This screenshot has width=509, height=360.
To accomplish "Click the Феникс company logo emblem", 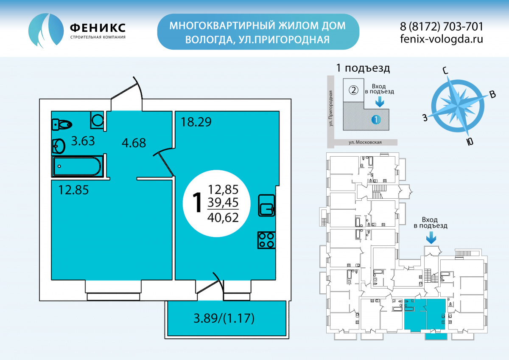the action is pos(46,30).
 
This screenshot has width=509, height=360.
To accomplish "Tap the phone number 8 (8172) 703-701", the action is pos(441,26).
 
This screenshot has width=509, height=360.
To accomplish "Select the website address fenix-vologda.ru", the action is pos(441,39).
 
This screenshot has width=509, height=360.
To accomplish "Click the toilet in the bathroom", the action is pos(62,124).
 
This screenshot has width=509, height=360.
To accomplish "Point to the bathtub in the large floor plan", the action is pos(77,166).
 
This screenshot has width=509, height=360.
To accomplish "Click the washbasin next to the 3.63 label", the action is pos(59,146).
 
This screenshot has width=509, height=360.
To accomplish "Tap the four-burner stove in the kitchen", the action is pos(266,240).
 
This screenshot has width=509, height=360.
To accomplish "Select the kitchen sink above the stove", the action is pos(266,205).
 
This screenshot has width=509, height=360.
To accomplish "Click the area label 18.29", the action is pos(196,122).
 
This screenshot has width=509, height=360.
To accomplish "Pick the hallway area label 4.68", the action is pos(134,143).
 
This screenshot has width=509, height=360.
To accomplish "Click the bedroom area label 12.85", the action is pos(73,190).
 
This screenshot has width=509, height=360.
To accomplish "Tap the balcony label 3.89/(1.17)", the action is pos(224,318).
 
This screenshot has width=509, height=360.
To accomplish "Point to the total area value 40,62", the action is pos(223,217).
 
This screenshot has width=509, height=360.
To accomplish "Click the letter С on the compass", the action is pos(446,71).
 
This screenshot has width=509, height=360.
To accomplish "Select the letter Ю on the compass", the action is pos(470,142).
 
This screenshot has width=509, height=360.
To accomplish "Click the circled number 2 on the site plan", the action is pos(353,90).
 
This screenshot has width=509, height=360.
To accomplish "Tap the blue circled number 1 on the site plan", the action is pos(376,119).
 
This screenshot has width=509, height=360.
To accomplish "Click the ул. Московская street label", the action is pos(365,142).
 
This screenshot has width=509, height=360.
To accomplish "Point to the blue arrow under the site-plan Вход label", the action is pos(380,101).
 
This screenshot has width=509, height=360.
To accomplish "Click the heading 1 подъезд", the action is pos(363,68).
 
